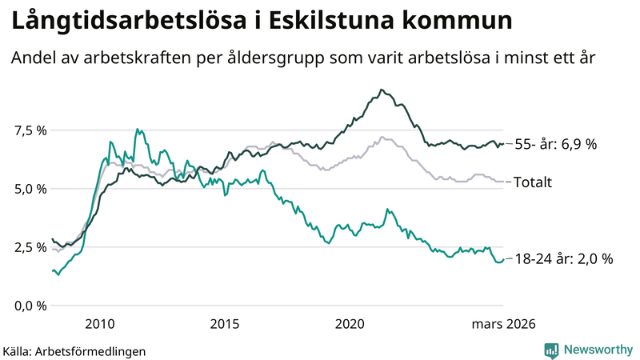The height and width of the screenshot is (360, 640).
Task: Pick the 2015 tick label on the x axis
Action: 225,324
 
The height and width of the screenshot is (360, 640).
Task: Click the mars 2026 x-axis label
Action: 503,324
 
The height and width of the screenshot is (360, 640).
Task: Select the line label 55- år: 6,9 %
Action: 555,144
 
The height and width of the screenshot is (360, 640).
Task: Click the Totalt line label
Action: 532,182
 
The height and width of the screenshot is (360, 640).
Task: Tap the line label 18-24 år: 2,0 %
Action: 563,258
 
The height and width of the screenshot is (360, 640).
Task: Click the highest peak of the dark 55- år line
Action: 382,90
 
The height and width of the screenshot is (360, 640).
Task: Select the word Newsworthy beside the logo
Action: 598,350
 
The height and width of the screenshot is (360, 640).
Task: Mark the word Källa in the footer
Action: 18,351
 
